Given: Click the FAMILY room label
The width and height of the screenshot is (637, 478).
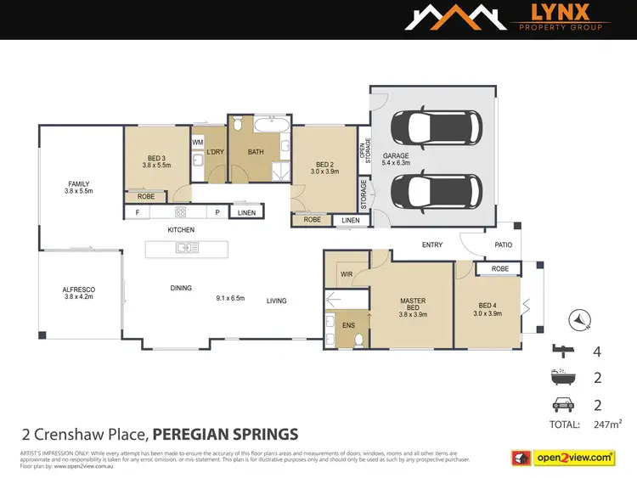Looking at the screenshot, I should [x=78, y=184].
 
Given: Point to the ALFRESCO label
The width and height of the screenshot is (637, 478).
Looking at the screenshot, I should [x=78, y=290].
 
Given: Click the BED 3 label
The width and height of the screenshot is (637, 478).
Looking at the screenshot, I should [x=156, y=158].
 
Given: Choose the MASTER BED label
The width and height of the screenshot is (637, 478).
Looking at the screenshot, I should [x=412, y=304].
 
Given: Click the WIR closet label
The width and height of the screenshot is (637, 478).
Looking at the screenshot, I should [x=346, y=273].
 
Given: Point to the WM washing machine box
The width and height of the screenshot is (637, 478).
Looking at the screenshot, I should [x=197, y=142].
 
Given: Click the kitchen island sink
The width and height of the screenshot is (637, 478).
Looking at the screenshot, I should [x=187, y=248].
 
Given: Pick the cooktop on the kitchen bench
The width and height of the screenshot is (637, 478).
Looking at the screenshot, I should [x=180, y=212].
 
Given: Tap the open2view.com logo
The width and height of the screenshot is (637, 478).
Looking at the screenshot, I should [x=564, y=458].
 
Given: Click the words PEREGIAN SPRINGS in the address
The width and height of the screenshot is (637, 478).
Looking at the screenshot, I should [x=225, y=435].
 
